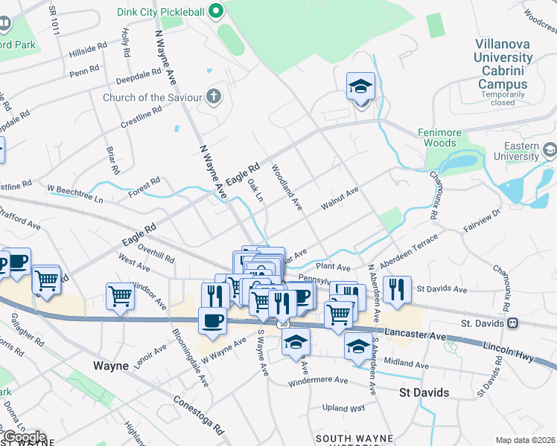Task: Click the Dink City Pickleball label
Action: [x=162, y=11]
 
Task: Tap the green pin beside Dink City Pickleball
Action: [x=217, y=11]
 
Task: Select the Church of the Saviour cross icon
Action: [x=214, y=97]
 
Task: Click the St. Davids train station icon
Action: [x=512, y=323]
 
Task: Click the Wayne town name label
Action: [x=112, y=366]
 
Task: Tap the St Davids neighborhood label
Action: [x=424, y=392]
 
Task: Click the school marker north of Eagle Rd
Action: [x=360, y=87]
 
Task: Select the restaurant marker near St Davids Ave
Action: [x=396, y=288]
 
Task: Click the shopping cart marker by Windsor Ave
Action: [x=120, y=295]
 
